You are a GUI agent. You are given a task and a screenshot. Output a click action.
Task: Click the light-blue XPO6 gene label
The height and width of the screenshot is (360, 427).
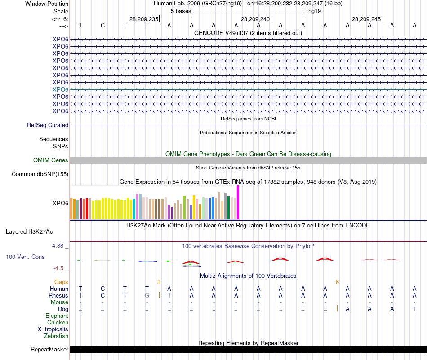[60, 89]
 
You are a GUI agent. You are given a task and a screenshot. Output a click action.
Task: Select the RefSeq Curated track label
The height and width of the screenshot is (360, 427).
[48, 125]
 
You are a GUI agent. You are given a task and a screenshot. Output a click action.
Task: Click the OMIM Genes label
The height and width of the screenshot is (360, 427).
[50, 160]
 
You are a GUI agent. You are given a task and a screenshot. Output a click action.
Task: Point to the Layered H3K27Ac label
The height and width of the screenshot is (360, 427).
[29, 232]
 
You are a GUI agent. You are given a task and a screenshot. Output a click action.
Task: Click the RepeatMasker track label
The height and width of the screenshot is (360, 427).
[49, 350]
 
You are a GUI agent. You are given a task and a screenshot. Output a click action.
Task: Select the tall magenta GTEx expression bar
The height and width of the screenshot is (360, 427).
[238, 202]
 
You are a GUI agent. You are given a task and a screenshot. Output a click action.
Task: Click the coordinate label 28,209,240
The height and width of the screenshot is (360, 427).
[255, 19]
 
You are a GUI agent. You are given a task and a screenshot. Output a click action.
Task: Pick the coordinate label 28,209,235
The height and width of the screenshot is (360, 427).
[144, 19]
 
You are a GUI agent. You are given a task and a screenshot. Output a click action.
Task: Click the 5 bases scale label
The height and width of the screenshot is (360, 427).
[181, 11]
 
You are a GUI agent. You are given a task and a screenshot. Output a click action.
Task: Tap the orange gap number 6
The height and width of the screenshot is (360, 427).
[337, 282]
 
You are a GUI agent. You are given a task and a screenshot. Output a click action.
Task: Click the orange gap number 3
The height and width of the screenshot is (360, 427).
[159, 282]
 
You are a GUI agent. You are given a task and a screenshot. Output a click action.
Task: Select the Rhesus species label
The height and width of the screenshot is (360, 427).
[58, 296]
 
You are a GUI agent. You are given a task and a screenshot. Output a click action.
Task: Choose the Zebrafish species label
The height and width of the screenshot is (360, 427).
[56, 336]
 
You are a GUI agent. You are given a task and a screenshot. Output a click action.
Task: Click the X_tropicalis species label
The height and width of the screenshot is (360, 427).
[53, 329]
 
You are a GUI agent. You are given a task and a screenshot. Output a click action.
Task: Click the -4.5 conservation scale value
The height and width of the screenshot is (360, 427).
[59, 268]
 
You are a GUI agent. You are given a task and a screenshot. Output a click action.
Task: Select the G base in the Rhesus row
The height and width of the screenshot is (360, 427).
[147, 296]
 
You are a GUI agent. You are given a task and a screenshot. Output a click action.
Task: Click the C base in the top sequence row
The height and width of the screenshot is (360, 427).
[102, 25]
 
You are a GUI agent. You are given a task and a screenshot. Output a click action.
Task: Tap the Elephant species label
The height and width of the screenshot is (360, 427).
[57, 316]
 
